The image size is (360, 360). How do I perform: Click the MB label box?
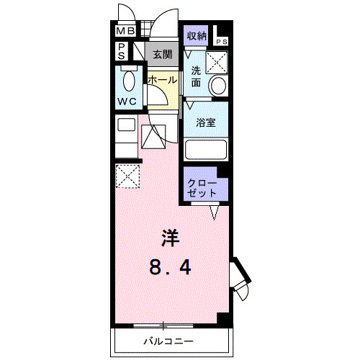(x=125, y=32)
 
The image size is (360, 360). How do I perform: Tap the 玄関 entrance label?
(x=161, y=53)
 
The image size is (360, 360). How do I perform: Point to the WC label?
(x=127, y=102)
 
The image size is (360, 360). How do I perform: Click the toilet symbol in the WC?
(x=129, y=79)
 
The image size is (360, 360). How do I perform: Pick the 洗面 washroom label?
(x=197, y=77)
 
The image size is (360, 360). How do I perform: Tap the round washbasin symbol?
(x=217, y=86)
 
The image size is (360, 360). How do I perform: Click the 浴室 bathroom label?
(x=206, y=122)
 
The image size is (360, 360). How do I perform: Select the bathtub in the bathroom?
(x=207, y=150)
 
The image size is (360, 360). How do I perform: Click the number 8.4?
(x=171, y=269)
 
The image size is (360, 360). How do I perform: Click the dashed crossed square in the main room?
(x=127, y=175)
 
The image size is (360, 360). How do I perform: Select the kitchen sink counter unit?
(x=127, y=134)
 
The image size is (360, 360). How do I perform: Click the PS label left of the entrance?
(x=122, y=53)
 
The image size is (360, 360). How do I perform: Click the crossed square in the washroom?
(x=216, y=62)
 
